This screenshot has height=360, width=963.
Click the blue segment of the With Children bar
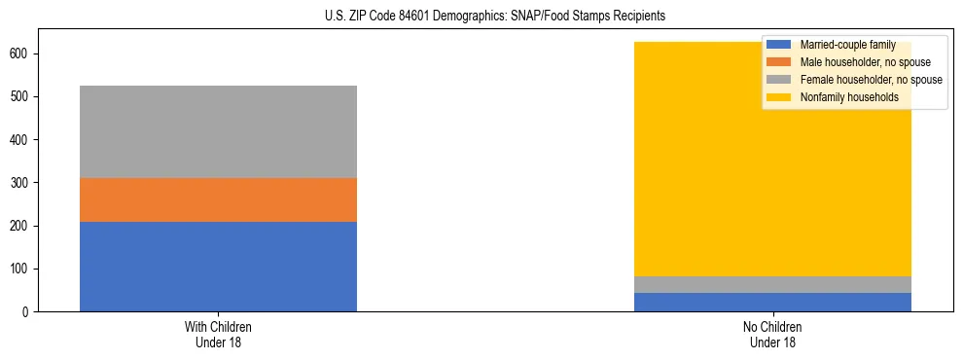click(218, 266)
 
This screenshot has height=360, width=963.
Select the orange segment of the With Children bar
click(218, 199)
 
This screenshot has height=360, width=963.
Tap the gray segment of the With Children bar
click(218, 131)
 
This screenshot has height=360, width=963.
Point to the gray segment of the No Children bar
click(772, 284)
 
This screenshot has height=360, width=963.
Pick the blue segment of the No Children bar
click(772, 302)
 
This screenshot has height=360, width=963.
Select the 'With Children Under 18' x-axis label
click(218, 334)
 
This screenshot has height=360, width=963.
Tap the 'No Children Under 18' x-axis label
click(772, 334)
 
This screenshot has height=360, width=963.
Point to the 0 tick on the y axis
click(28, 311)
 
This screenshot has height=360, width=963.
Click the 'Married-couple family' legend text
click(847, 45)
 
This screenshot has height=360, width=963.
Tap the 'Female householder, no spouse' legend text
click(871, 80)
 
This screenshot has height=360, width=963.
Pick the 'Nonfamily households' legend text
click(848, 97)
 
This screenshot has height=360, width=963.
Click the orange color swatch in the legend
click(779, 62)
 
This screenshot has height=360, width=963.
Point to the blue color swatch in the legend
click(779, 45)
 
